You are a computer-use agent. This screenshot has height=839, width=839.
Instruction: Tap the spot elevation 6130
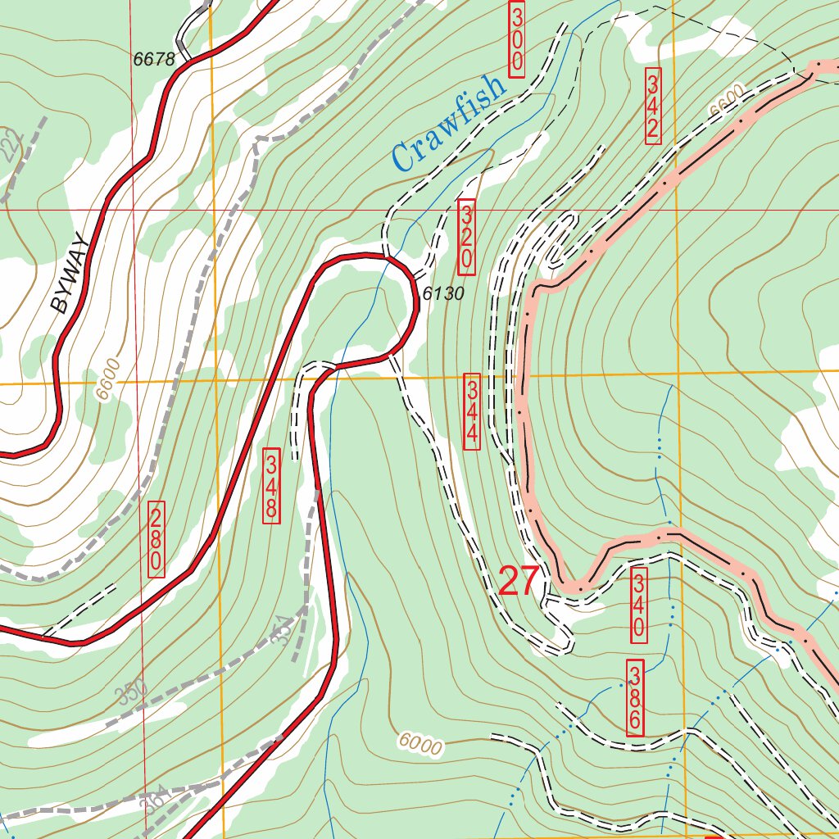tap(443, 293)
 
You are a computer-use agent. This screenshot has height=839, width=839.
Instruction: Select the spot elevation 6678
tap(154, 59)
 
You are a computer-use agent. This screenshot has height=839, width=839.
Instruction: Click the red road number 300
tap(516, 39)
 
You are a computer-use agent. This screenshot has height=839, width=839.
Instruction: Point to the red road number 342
tap(653, 106)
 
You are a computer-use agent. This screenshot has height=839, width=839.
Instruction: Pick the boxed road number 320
tap(466, 237)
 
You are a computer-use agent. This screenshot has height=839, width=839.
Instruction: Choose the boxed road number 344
tap(472, 411)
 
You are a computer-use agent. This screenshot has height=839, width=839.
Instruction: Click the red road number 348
tap(271, 485)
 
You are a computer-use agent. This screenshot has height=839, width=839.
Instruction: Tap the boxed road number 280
tap(156, 538)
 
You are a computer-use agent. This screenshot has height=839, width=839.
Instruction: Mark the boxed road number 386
tap(635, 697)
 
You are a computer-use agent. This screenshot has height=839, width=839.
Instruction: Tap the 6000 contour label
tap(421, 744)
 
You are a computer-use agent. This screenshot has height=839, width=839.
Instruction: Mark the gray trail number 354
tap(281, 630)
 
